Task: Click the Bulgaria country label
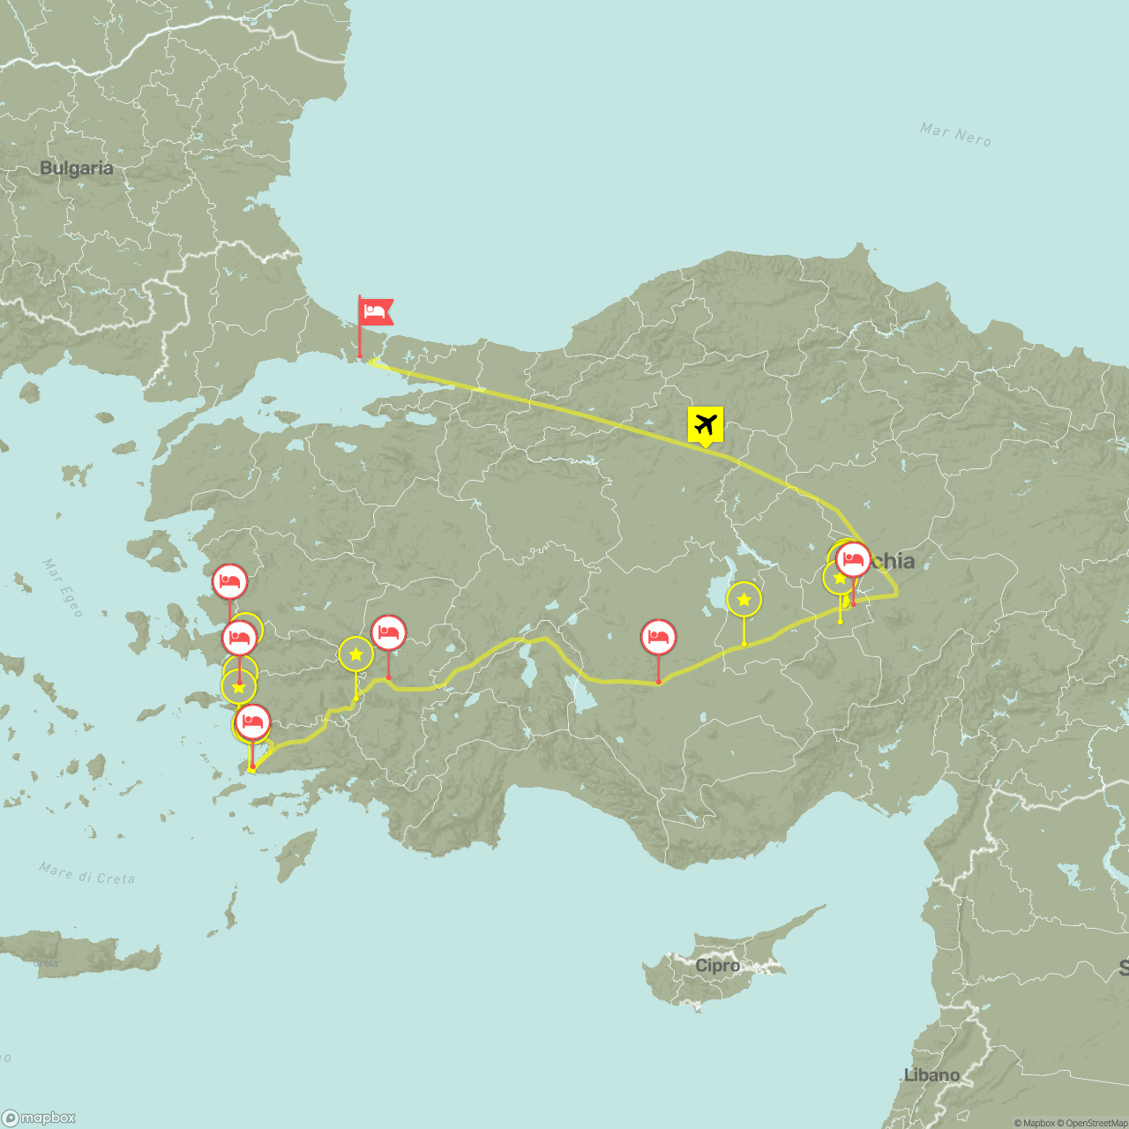[77, 168]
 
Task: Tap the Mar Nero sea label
[955, 134]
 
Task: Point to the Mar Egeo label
[62, 587]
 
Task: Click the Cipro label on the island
[717, 966]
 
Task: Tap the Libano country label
[931, 1075]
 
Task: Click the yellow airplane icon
[705, 424]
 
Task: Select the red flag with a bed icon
[376, 311]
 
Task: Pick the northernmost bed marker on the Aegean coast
[229, 582]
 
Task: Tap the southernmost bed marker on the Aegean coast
[252, 722]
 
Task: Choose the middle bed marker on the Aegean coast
[239, 637]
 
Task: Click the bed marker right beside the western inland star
[388, 633]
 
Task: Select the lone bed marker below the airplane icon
[658, 637]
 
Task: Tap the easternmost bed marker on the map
[853, 559]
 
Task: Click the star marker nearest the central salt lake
[744, 600]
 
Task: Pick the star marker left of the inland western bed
[355, 654]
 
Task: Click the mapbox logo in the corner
[40, 1118]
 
